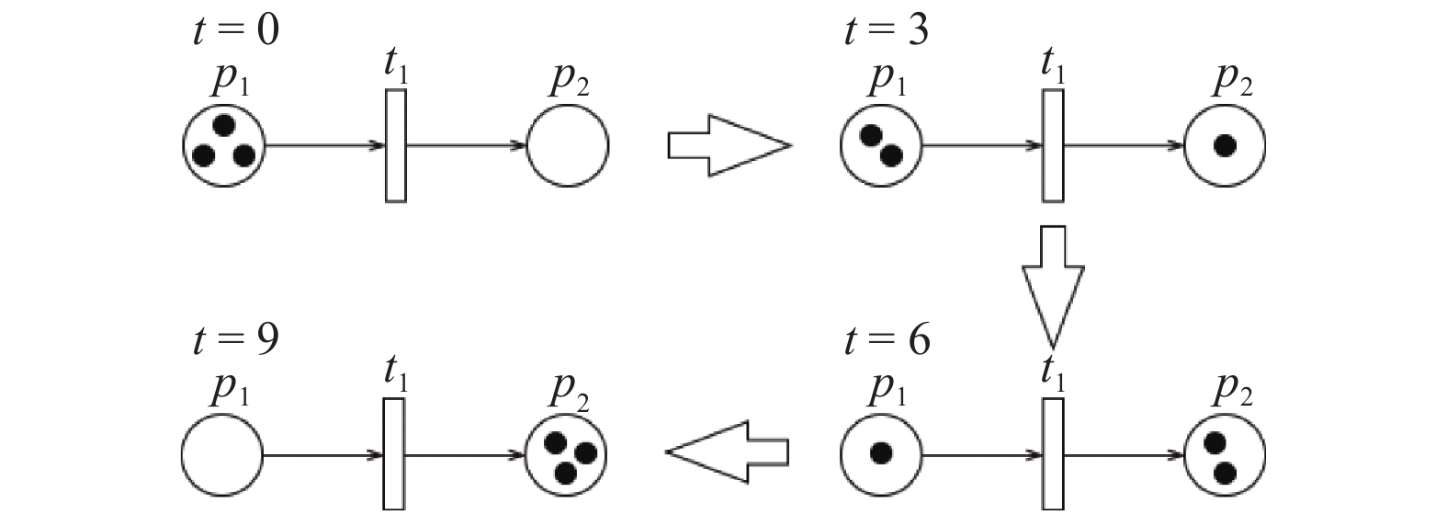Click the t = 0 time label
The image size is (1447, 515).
pos(235,30)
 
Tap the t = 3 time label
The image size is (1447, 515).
pos(886,30)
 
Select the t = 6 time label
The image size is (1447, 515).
pos(886,341)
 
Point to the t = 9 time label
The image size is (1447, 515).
pos(235,341)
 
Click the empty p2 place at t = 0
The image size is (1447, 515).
pos(568,145)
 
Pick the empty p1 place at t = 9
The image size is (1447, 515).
pos(222,455)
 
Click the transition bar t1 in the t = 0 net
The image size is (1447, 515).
pos(396,145)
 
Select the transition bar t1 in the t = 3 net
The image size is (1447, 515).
pos(1053,145)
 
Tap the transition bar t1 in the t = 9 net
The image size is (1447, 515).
pos(395,454)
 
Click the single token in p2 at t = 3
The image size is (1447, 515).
pos(1224,145)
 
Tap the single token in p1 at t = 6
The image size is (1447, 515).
pos(881,452)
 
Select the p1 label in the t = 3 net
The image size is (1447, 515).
pos(887,81)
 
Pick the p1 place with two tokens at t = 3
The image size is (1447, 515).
pos(880,145)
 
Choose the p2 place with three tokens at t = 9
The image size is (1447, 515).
pos(567,455)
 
